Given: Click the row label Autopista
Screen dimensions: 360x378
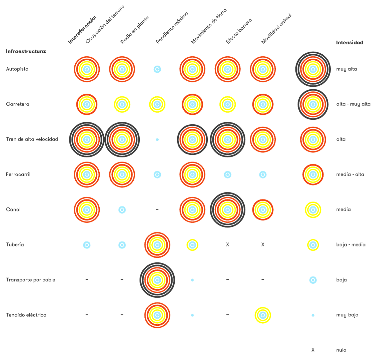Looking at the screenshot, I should (17, 69).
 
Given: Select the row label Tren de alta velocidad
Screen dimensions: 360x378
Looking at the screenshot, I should (32, 139).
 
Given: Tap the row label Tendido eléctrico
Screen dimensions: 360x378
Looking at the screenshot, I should (26, 315).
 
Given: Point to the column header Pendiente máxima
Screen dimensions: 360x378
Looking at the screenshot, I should (172, 28).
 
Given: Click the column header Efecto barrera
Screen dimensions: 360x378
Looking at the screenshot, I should (239, 31).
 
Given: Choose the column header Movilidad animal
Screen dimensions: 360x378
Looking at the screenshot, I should (276, 29).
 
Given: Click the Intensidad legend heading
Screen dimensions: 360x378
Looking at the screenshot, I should (350, 43).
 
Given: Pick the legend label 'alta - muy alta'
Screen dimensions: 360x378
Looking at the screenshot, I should (353, 104).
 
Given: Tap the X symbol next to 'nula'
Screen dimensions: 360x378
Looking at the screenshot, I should (313, 350).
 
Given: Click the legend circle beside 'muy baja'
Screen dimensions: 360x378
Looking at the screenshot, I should (313, 315).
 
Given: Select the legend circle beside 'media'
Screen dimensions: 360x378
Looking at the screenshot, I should (313, 210).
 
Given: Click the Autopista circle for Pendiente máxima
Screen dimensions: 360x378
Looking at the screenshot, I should (157, 69).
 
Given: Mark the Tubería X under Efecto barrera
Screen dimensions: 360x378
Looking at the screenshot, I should (227, 245).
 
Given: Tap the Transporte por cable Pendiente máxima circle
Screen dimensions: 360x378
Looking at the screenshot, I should (157, 280).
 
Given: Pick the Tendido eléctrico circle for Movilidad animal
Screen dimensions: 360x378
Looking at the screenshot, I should (263, 315).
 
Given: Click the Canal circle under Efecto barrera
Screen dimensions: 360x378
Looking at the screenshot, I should (227, 210).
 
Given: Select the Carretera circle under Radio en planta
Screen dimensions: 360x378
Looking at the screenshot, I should (122, 104).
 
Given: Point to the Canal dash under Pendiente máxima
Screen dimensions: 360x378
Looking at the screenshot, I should (157, 209).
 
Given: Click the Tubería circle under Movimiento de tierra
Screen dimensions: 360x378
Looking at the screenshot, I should (192, 245).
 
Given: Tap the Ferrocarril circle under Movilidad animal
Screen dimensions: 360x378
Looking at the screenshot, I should (263, 175).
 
